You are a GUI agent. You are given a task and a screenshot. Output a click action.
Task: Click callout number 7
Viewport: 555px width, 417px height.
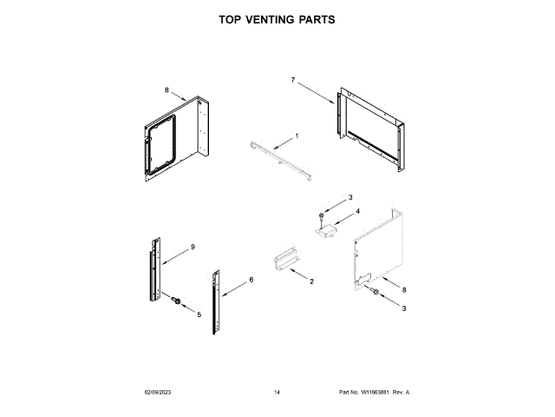click(293, 80)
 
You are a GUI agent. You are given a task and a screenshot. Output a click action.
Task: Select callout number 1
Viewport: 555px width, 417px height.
click(297, 136)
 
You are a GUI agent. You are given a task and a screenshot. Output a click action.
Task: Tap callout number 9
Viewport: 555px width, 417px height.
click(193, 248)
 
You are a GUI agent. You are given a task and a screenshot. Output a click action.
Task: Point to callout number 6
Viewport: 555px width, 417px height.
click(251, 280)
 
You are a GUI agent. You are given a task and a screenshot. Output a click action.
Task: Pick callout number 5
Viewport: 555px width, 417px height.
click(198, 314)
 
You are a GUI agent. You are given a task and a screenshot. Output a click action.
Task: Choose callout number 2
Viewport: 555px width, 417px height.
click(311, 282)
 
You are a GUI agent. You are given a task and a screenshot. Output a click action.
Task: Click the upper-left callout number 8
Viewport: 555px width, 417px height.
click(167, 89)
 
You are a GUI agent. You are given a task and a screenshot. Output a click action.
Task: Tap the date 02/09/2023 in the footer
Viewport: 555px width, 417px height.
click(160, 394)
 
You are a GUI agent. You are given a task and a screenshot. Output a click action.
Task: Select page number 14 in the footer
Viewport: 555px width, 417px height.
click(277, 394)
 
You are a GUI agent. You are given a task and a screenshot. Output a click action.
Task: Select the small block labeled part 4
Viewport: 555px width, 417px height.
click(329, 228)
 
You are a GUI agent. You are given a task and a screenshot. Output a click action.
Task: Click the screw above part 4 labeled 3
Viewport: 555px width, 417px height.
click(323, 214)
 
